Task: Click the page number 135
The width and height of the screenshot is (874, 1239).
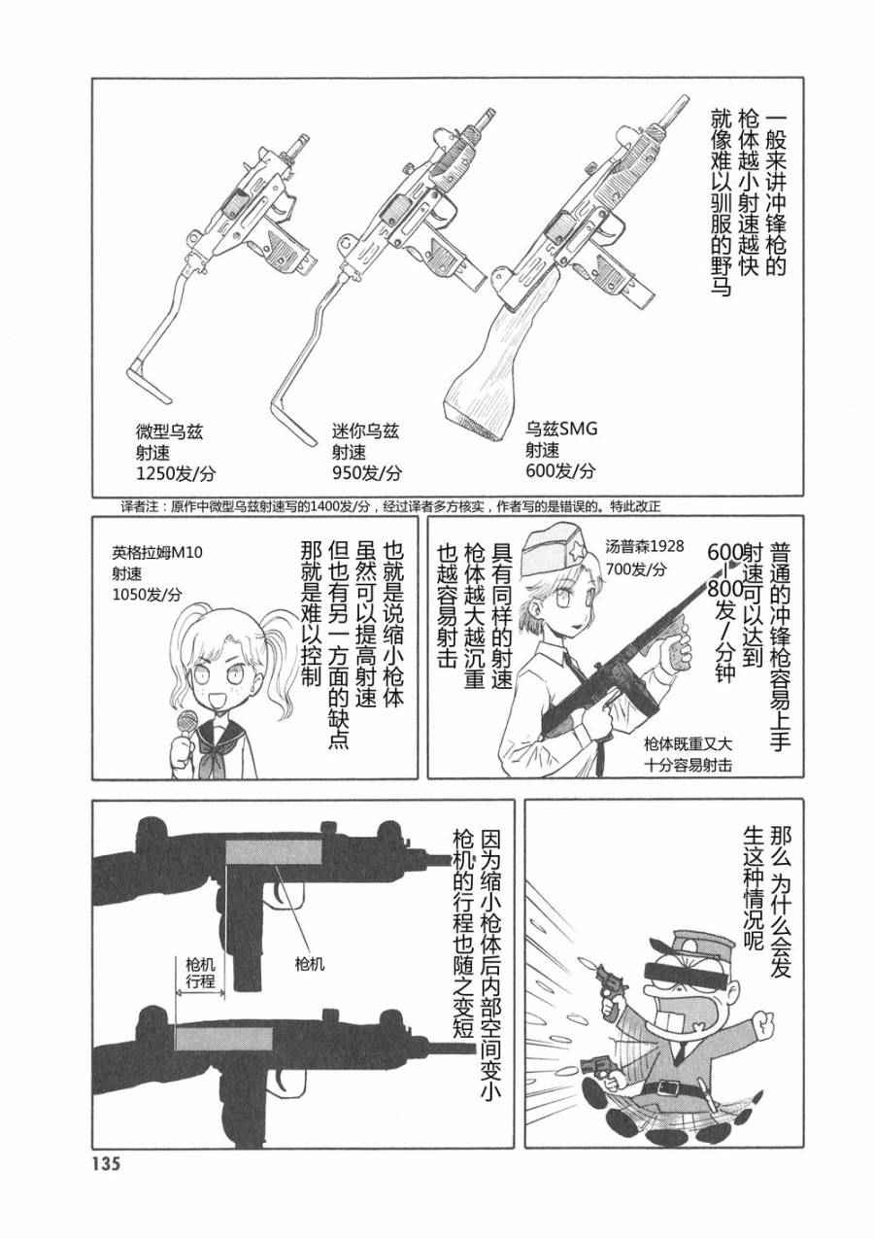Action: click(102, 1208)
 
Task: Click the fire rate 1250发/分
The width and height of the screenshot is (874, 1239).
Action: click(175, 473)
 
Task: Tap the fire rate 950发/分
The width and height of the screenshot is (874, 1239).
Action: click(366, 473)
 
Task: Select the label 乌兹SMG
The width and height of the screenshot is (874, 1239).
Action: click(561, 429)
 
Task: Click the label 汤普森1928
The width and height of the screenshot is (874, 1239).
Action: click(645, 546)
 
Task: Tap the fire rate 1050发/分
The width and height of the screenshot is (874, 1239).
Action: click(147, 595)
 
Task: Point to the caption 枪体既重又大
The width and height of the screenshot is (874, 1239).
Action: click(689, 743)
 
